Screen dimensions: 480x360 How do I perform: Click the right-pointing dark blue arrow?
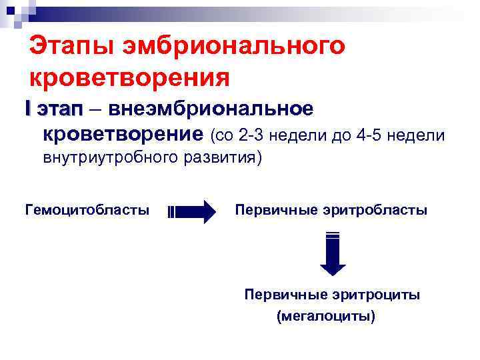[193, 212]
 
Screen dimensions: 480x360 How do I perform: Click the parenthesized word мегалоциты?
[326, 316]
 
